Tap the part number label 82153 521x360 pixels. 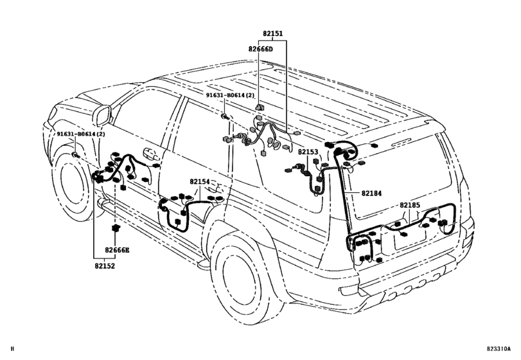click(x=308, y=152)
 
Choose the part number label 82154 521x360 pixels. click(x=199, y=182)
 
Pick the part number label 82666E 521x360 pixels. click(x=118, y=249)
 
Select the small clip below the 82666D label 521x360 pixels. click(x=260, y=105)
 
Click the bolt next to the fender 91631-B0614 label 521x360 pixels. click(x=76, y=156)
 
